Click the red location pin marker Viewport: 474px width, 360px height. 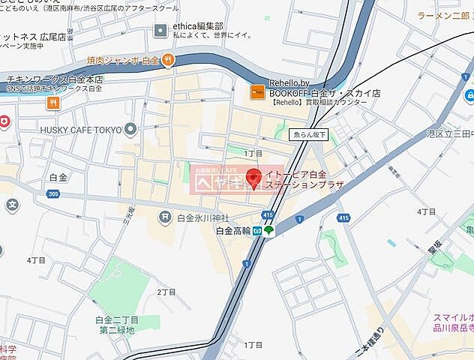click(253, 178)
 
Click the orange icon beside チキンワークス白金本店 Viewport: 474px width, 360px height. click(52, 103)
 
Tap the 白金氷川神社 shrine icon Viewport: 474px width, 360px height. click(164, 217)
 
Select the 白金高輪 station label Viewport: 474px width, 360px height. click(232, 230)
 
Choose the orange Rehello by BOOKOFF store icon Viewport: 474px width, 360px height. click(256, 91)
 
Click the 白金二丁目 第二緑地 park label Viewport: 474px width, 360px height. click(117, 324)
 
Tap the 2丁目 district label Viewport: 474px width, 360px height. click(164, 292)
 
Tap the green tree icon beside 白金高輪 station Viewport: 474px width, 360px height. click(269, 230)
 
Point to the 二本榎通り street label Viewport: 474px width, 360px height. click(373, 337)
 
